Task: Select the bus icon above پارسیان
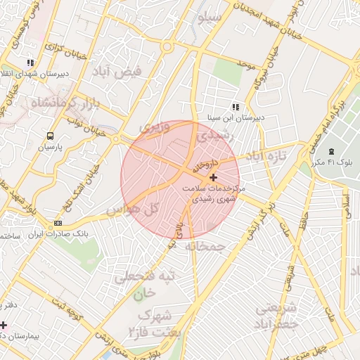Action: pos(50,136)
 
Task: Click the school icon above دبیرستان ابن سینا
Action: pos(235,107)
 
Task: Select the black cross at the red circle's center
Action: pos(214,178)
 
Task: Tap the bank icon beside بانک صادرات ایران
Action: pos(58,223)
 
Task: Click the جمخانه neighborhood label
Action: pos(205,247)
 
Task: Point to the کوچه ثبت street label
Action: pos(68,309)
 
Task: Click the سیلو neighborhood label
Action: pos(210,15)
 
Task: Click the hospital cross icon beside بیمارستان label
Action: pos(4,325)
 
